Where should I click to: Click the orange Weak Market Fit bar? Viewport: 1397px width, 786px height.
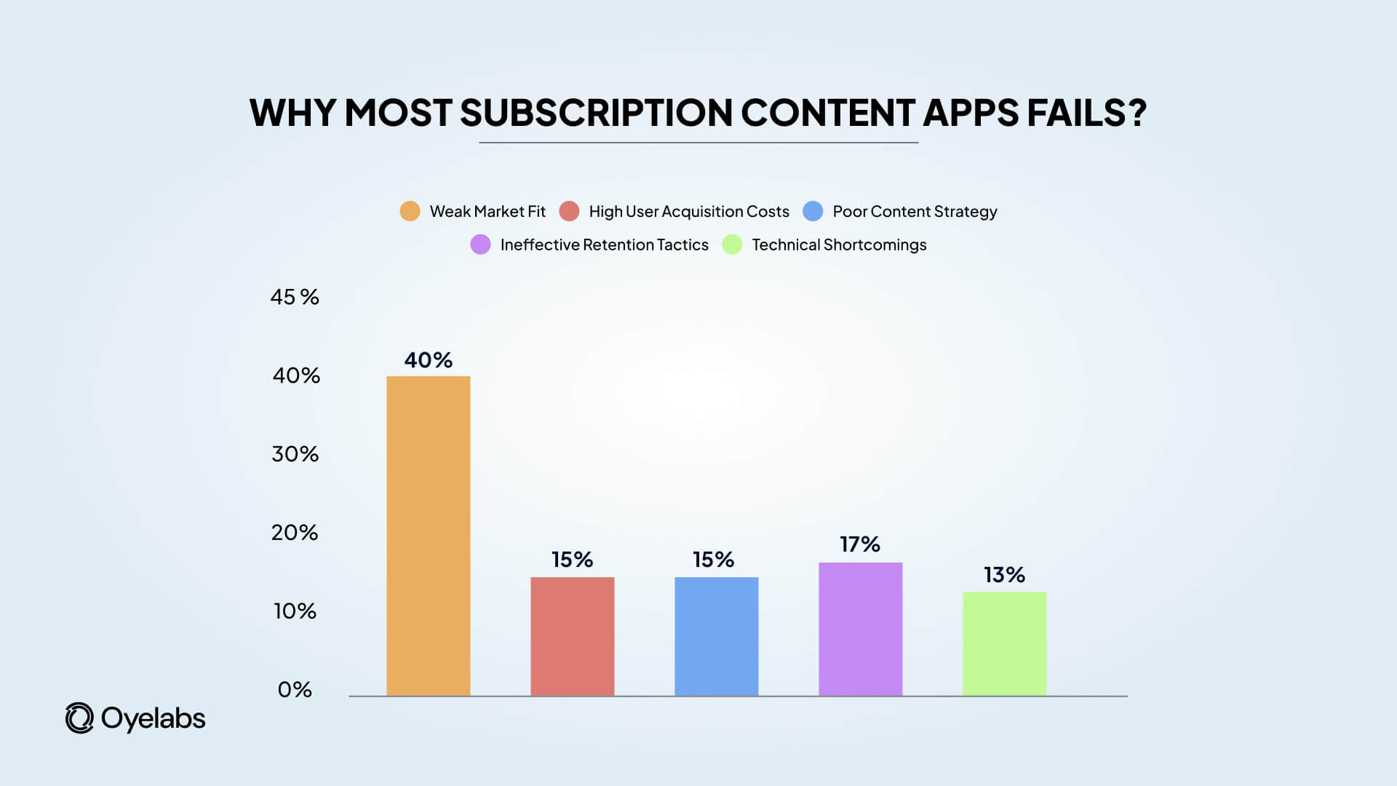(428, 536)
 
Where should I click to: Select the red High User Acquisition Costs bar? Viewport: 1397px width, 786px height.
(572, 636)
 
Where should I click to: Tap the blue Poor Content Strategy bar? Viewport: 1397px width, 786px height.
(716, 636)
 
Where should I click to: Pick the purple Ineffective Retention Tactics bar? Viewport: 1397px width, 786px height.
(860, 629)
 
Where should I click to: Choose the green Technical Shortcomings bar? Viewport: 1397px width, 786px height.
(1004, 643)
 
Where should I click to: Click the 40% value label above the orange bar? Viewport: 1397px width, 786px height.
(428, 360)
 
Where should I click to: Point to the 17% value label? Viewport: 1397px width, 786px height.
(860, 544)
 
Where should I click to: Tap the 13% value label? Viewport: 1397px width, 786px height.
(1004, 575)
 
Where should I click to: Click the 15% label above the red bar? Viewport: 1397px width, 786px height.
(572, 560)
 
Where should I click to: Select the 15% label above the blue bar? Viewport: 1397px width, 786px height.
(713, 560)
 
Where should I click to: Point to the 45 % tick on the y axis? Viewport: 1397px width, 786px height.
(295, 297)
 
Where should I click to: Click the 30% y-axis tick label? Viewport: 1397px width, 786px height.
(295, 454)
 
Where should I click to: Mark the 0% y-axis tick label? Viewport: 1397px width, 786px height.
(295, 690)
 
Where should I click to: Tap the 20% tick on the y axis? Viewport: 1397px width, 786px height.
(295, 533)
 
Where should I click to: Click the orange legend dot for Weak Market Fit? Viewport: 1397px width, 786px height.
(410, 211)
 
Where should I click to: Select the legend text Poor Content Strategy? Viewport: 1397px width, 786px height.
(915, 212)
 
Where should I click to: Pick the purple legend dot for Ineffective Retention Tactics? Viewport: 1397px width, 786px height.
(480, 245)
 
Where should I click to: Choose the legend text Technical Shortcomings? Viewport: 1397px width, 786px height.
(839, 245)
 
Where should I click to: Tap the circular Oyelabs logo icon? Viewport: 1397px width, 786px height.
(79, 718)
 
